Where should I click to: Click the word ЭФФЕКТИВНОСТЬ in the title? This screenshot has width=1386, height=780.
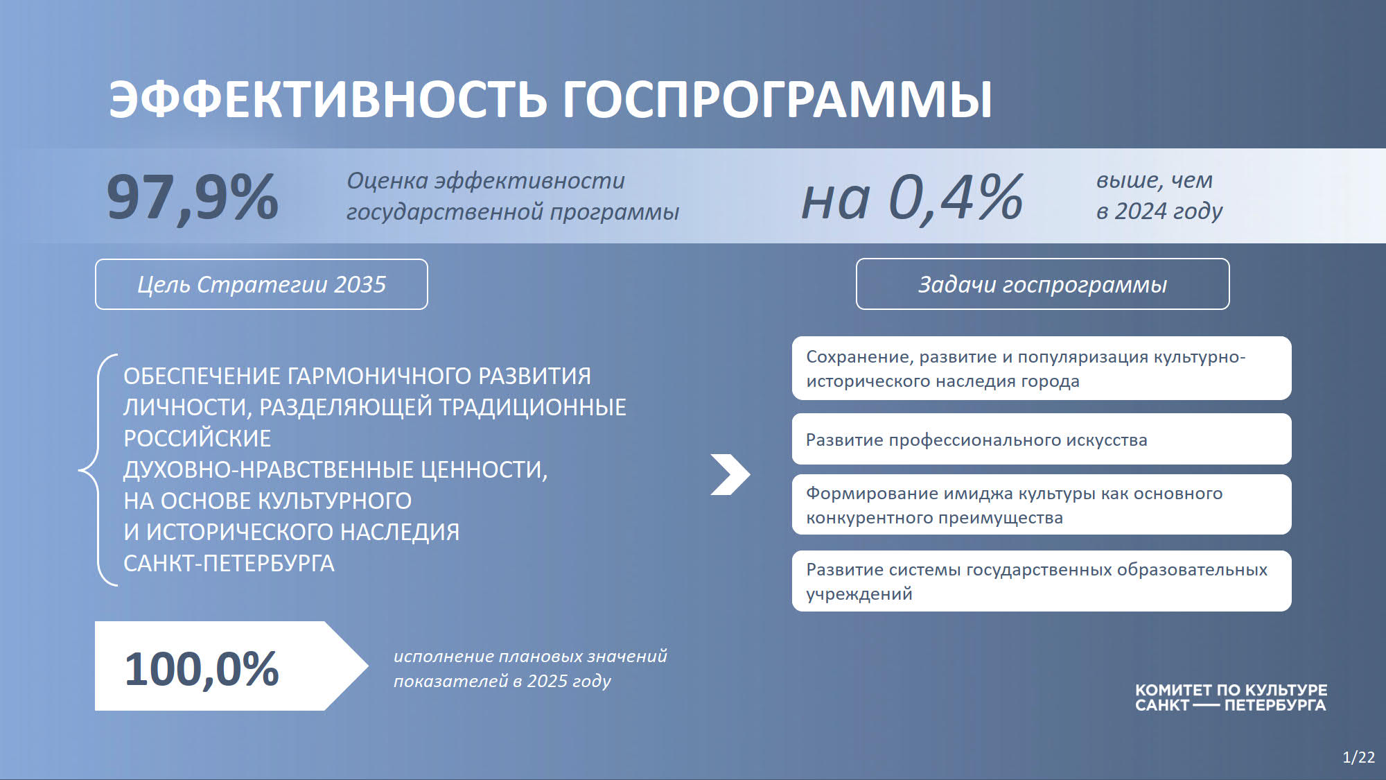[328, 98]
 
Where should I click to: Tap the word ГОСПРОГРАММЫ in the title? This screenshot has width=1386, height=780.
[777, 98]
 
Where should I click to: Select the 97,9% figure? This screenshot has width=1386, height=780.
[193, 198]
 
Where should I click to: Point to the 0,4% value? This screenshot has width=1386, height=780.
[956, 198]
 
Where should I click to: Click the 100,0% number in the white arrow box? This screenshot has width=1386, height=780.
[202, 669]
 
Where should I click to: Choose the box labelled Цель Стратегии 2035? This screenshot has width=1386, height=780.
[261, 284]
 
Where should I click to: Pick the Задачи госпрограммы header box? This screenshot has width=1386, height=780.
[1042, 284]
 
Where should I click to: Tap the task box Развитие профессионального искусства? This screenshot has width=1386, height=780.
[1042, 439]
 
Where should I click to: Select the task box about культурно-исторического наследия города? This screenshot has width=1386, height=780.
[1042, 368]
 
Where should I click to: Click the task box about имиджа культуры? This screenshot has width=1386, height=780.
[1042, 505]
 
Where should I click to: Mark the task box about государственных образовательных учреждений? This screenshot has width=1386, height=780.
[1042, 581]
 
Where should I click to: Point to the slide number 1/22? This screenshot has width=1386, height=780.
[1358, 757]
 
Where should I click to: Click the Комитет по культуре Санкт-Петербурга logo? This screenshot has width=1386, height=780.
[1231, 697]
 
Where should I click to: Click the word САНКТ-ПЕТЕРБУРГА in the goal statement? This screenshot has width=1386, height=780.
[229, 563]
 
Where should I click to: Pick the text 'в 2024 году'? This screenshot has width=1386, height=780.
[1159, 211]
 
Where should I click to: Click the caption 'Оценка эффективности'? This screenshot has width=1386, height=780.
[485, 181]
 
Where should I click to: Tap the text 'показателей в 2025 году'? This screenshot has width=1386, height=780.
[502, 681]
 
